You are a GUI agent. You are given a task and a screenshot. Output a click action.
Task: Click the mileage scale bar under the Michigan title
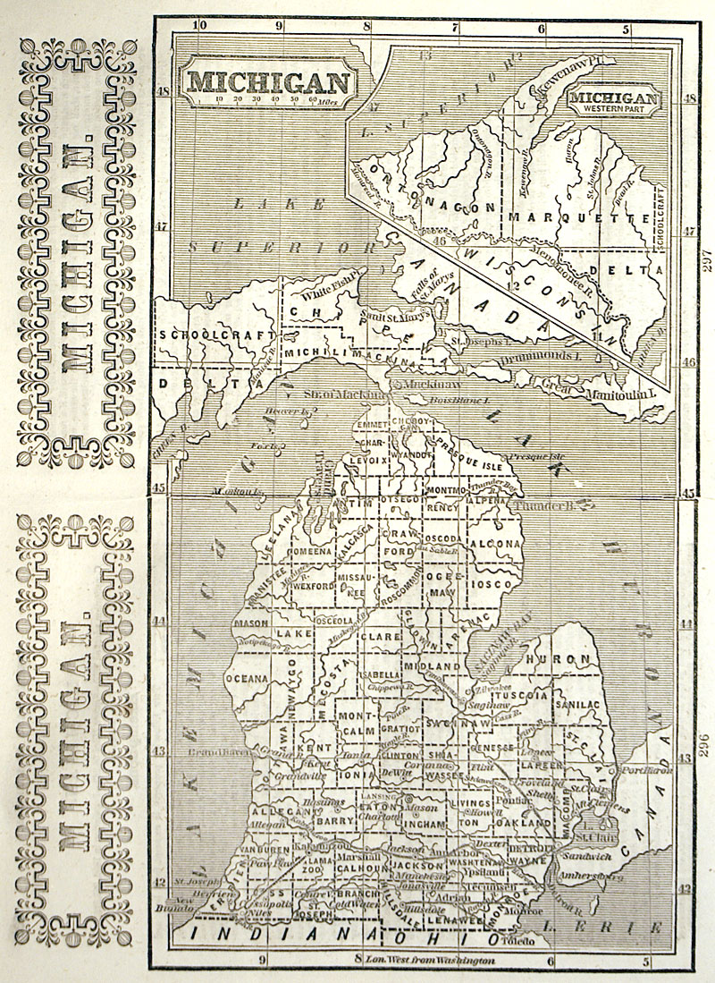click(x=266, y=99)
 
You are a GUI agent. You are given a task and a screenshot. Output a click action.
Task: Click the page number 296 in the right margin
click(x=702, y=743)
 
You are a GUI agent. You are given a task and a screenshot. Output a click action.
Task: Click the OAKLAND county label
click(x=525, y=821)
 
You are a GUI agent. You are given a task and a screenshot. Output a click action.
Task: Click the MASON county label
click(x=250, y=623)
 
